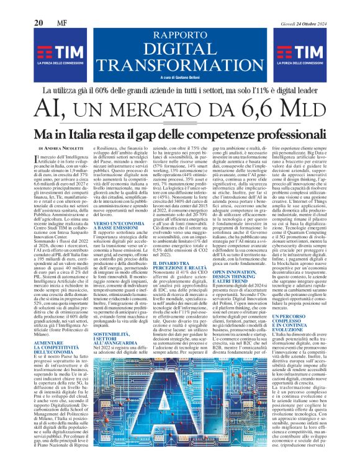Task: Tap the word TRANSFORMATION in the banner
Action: [x=180, y=65]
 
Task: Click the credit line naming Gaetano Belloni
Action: [x=180, y=77]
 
